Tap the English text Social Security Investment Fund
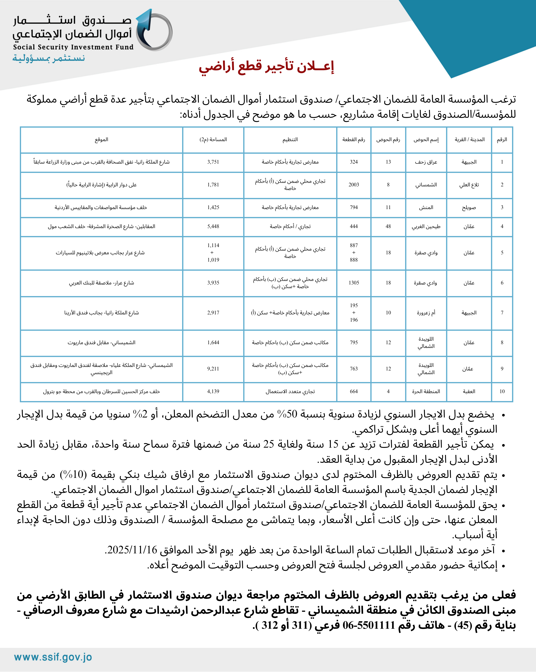pyautogui.click(x=73, y=47)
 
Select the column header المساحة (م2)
pyautogui.click(x=213, y=140)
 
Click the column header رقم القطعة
pyautogui.click(x=354, y=140)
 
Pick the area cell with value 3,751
pyautogui.click(x=213, y=162)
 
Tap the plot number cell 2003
pyautogui.click(x=354, y=185)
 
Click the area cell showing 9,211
pyautogui.click(x=213, y=369)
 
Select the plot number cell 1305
pyautogui.click(x=354, y=283)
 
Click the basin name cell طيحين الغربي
pyautogui.click(x=426, y=227)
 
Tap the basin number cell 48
pyautogui.click(x=388, y=227)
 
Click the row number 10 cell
pyautogui.click(x=502, y=391)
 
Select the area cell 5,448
pyautogui.click(x=213, y=227)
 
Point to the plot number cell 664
pyautogui.click(x=354, y=391)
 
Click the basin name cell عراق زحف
pyautogui.click(x=426, y=162)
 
